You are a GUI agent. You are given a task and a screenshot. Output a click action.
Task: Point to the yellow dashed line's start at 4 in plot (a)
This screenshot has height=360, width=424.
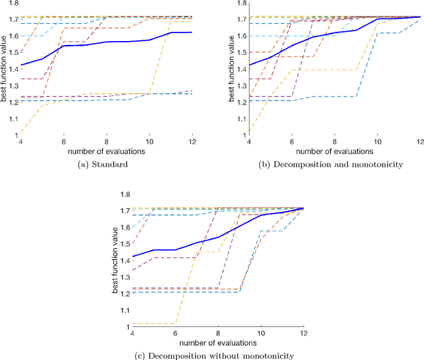(x=22, y=133)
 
